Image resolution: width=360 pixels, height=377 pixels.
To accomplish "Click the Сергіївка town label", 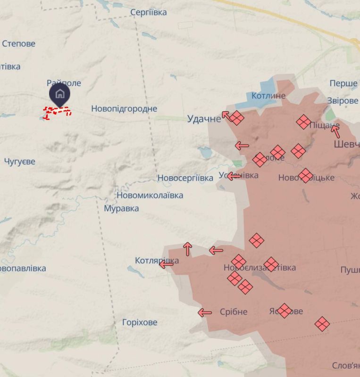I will pos(148,12).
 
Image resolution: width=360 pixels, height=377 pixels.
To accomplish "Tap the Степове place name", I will pos(18,44).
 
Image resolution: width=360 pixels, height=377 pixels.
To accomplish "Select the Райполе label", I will pos(64,83).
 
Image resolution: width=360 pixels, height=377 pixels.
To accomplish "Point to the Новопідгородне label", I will pos(124,108).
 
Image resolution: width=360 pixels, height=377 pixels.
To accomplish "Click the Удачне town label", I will pos(204,119).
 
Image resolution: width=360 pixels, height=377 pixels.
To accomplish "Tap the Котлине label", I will pos(268,96).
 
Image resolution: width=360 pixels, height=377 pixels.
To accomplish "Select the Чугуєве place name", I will pos(20,162).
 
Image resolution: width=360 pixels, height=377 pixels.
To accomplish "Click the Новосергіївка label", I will pos(185,178).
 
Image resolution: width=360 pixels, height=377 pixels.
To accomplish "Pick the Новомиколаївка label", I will pos(150,195).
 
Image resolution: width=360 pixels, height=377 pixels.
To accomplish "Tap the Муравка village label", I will pos(121,208).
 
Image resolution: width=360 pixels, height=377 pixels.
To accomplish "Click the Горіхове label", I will pos(140,323).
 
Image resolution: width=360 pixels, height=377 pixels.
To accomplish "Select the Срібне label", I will pos(234,312).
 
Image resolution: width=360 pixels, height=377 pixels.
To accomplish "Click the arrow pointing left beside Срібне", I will pos(205,312).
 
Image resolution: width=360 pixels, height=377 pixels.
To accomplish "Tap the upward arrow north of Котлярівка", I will pos(188,248).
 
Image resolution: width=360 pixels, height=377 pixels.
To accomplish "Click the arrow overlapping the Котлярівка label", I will pos(166,264).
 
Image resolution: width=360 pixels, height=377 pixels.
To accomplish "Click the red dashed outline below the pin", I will pos(58,112).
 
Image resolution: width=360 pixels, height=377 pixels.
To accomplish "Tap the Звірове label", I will pos(343,101).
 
